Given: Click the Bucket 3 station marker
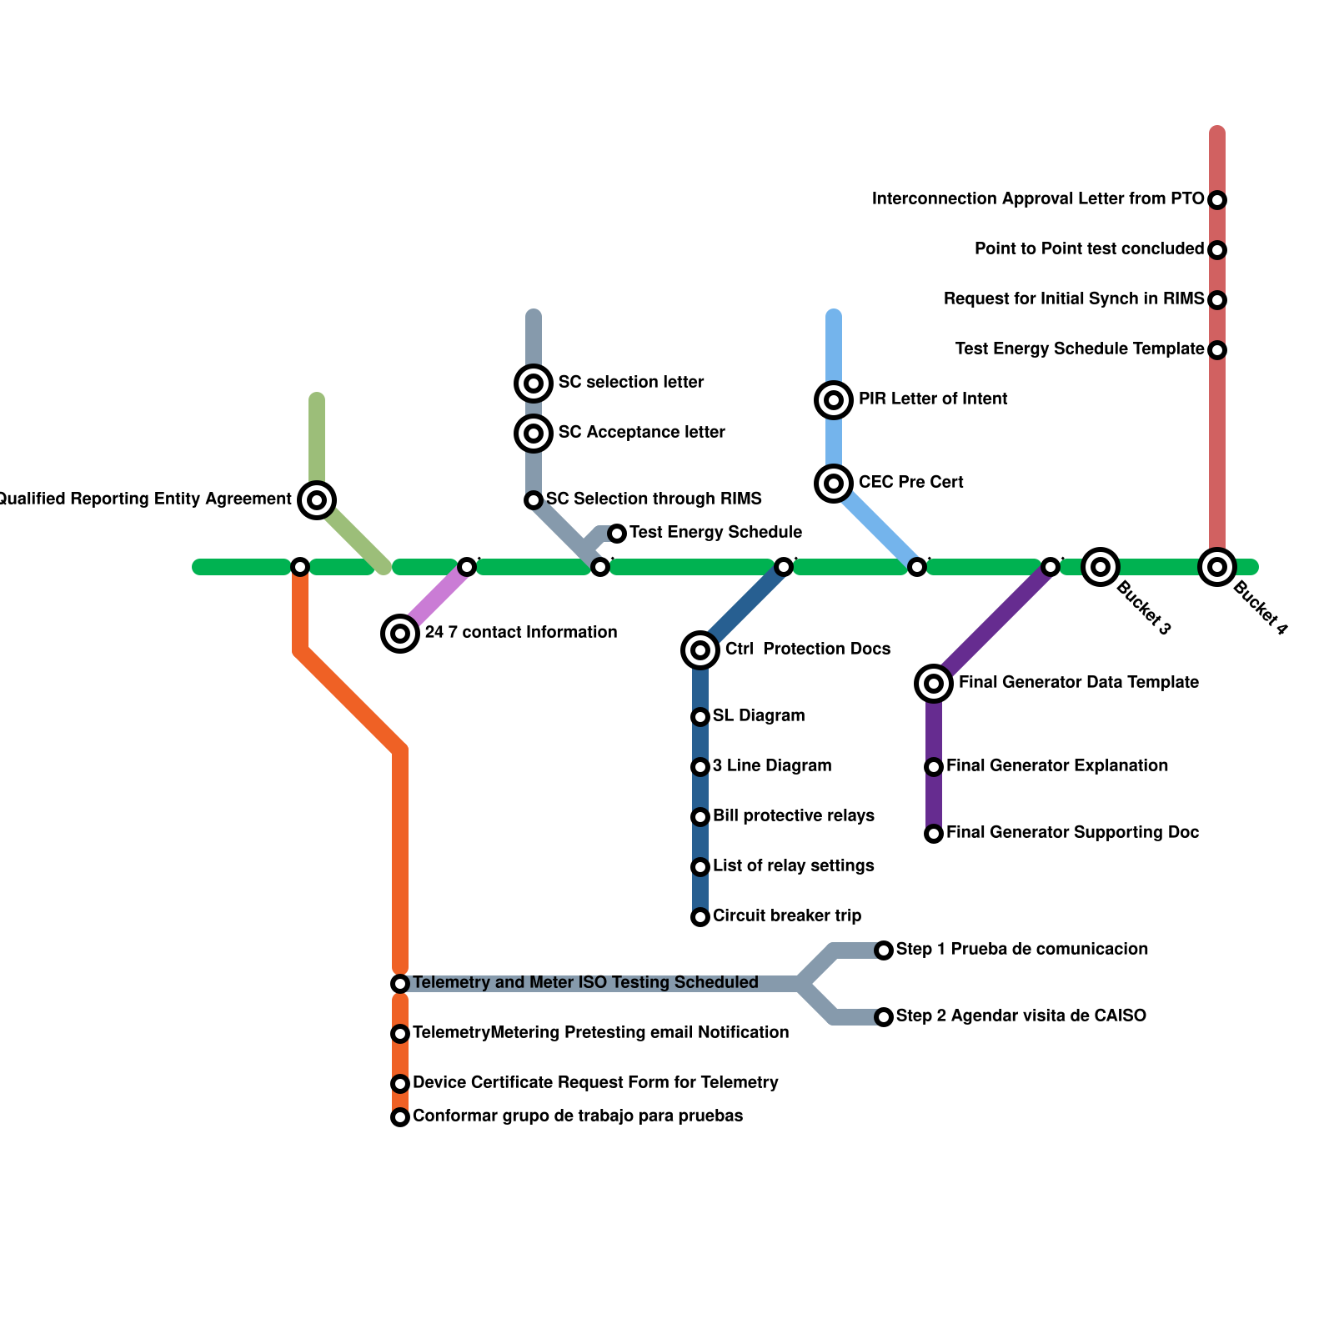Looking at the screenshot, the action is point(1101,567).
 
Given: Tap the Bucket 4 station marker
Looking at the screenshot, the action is point(1217,567).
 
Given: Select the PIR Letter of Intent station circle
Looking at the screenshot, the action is point(834,400).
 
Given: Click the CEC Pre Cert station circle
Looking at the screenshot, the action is point(834,483).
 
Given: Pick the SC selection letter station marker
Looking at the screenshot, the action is point(534,384).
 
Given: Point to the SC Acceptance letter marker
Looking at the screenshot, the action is point(534,433).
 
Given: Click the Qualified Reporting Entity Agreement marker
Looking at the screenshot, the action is point(317,500).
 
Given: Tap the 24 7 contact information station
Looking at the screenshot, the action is point(400,634).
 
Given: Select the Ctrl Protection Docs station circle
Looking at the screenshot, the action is point(700,649).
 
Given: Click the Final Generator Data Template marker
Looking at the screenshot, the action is point(934,684).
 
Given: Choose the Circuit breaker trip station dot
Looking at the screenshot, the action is point(700,917).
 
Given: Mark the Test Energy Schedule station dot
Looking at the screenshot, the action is point(617,534).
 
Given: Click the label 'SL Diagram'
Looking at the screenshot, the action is point(759,716).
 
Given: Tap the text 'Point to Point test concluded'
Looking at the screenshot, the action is point(1089,249).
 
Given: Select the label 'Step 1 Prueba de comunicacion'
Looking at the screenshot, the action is point(1022,950).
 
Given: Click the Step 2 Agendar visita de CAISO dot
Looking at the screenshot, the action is point(884,1017).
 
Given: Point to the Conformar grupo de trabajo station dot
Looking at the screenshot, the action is point(400,1117).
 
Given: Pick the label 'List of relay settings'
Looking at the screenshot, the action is point(794,866).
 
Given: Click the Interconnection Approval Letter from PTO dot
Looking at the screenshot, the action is point(1217,200).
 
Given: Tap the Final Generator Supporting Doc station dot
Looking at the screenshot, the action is point(934,834).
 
